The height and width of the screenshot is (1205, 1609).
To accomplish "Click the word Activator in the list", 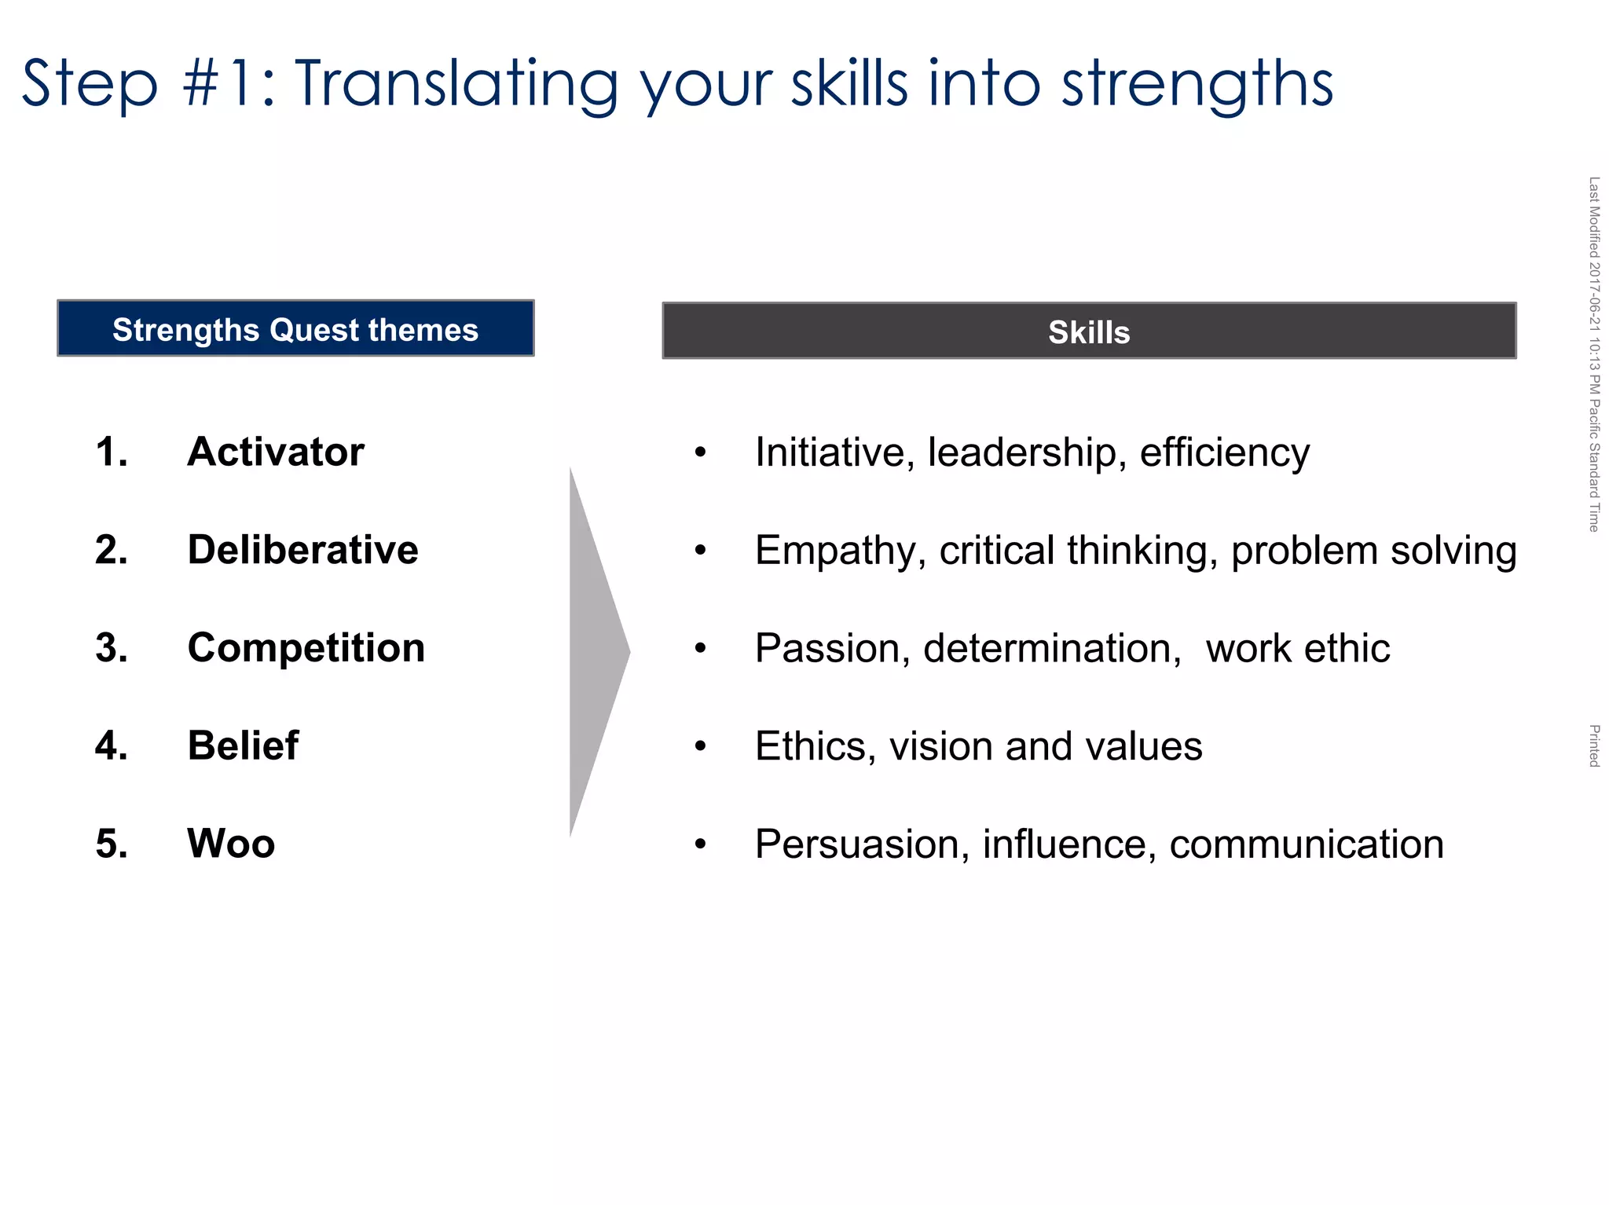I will pos(275,452).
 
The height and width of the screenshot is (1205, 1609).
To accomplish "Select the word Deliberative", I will pos(302,550).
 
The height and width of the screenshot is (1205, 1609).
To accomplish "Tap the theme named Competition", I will pos(306,648).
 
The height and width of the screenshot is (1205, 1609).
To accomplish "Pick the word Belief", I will pos(243,745).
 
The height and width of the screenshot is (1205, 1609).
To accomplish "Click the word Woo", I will pos(231,844).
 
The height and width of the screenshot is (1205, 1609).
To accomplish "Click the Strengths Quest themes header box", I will pos(295,329).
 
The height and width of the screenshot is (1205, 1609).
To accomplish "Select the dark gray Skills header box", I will pos(1089,331).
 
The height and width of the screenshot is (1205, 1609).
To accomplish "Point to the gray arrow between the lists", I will pos(596,652).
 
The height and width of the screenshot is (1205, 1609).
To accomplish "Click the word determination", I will pos(1051,649).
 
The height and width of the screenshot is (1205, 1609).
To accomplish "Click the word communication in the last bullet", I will pos(1306,844).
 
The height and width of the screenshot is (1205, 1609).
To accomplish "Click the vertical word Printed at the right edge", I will pos(1594,745).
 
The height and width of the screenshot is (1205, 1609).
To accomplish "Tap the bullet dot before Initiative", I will pos(700,453).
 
